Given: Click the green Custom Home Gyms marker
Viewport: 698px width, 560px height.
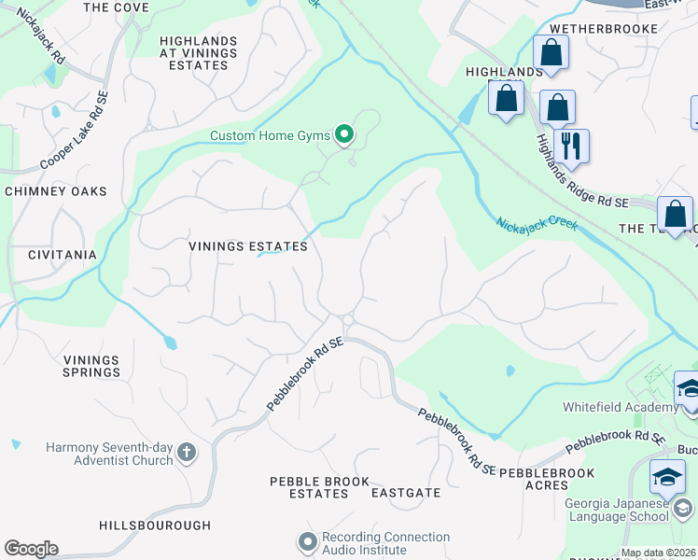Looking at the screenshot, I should (x=344, y=136).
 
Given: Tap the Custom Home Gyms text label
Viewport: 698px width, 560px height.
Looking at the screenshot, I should (x=270, y=136).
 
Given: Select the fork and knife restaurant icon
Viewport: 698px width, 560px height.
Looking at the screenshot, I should (x=570, y=147).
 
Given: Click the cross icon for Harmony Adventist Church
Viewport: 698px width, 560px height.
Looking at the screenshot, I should (x=187, y=454).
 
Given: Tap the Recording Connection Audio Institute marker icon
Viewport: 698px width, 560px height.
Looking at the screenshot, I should (x=307, y=542).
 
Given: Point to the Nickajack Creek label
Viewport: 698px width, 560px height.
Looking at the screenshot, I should (x=537, y=225).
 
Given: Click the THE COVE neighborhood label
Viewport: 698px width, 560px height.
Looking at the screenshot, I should (x=116, y=7).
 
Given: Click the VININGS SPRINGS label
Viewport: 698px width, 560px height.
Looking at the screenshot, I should (x=91, y=366).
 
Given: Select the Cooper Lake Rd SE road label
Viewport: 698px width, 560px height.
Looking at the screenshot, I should (x=75, y=130).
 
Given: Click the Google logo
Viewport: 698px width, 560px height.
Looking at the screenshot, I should (x=31, y=549).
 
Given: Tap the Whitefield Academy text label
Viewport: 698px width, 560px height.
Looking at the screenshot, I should (x=620, y=407).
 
